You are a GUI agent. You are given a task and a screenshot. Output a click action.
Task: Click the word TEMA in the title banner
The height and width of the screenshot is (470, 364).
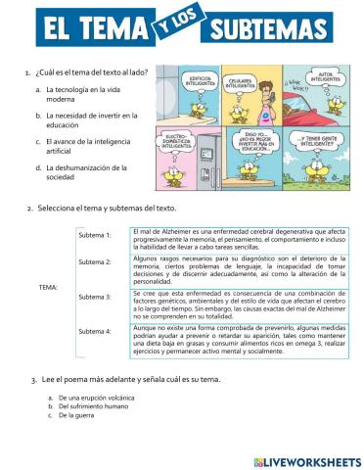pyautogui.click(x=115, y=29)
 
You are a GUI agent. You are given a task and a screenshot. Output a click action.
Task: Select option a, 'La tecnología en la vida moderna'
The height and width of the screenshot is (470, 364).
pyautogui.click(x=84, y=95)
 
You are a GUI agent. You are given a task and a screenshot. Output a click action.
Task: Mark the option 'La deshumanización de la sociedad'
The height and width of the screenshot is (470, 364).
pyautogui.click(x=86, y=171)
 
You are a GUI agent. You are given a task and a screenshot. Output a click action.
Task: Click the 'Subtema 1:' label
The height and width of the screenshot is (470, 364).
pyautogui.click(x=95, y=236)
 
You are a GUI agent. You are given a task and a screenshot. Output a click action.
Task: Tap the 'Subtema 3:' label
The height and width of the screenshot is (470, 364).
pyautogui.click(x=95, y=296)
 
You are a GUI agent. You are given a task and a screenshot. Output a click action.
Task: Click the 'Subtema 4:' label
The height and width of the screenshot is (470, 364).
pyautogui.click(x=95, y=331)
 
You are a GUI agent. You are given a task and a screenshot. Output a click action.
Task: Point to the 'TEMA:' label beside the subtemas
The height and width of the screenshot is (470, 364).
pyautogui.click(x=48, y=287)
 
